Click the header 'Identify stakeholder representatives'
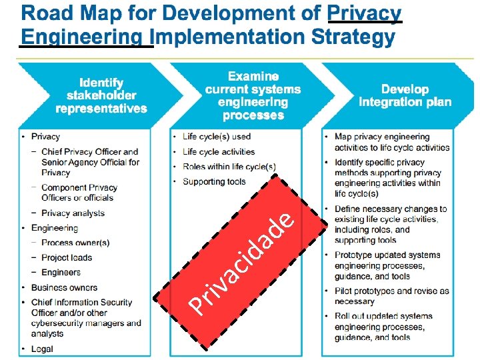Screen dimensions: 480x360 click(x=101, y=96)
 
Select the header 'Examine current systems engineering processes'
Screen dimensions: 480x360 click(x=253, y=96)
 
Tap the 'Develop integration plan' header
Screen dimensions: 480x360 click(x=405, y=96)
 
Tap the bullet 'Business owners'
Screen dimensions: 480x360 click(x=64, y=287)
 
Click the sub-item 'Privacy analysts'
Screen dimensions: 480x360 click(x=73, y=213)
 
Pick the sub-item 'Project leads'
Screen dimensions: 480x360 click(x=67, y=257)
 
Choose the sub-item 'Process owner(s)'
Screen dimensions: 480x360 click(x=75, y=243)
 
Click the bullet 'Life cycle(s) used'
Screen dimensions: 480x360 click(x=217, y=137)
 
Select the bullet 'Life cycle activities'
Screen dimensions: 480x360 click(x=219, y=151)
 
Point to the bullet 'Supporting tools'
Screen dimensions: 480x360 click(x=214, y=181)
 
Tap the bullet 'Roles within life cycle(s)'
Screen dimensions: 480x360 click(x=229, y=167)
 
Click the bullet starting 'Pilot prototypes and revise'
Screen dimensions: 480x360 click(x=392, y=296)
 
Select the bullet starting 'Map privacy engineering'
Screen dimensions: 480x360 click(x=392, y=142)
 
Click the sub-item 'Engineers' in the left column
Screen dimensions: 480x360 click(x=61, y=272)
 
